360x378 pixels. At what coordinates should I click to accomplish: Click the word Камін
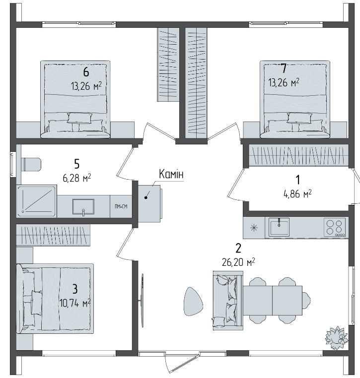[171, 174]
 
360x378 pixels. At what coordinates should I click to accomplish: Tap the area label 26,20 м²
[238, 262]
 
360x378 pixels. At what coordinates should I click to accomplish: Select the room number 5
[77, 164]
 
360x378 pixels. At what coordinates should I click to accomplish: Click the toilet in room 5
[31, 165]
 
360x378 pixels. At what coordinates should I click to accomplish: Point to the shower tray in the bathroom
[37, 201]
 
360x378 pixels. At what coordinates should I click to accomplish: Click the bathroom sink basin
[83, 206]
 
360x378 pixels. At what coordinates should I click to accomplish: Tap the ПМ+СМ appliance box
[121, 206]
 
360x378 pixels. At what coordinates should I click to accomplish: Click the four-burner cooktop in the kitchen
[334, 228]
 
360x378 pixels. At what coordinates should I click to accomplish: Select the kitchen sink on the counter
[279, 227]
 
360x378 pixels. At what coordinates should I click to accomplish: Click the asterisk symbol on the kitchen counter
[254, 228]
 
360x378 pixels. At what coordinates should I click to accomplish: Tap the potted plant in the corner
[336, 337]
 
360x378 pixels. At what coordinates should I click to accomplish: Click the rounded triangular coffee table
[193, 301]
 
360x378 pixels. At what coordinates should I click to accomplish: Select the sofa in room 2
[228, 300]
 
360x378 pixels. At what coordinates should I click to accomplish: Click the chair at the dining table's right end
[306, 301]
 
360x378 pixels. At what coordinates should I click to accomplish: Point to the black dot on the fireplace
[146, 197]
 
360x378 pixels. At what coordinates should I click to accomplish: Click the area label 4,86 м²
[297, 193]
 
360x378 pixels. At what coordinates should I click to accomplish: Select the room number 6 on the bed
[86, 72]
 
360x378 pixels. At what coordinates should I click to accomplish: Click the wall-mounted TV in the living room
[143, 300]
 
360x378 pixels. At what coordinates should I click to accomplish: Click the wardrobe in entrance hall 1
[298, 155]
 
